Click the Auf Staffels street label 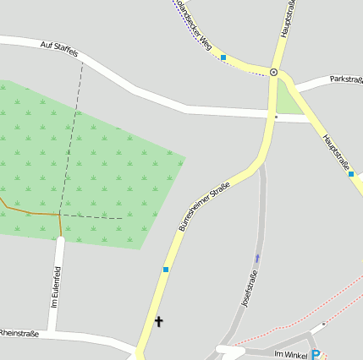59,49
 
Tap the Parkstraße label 347,79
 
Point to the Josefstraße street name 250,287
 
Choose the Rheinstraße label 19,333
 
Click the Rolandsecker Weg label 194,20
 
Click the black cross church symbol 158,321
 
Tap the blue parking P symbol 316,355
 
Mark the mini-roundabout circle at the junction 273,72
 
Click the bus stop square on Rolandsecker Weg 223,57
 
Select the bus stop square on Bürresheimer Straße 166,270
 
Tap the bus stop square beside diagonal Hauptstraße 350,174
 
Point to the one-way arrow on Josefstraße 257,256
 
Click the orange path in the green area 34,210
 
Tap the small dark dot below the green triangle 277,117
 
